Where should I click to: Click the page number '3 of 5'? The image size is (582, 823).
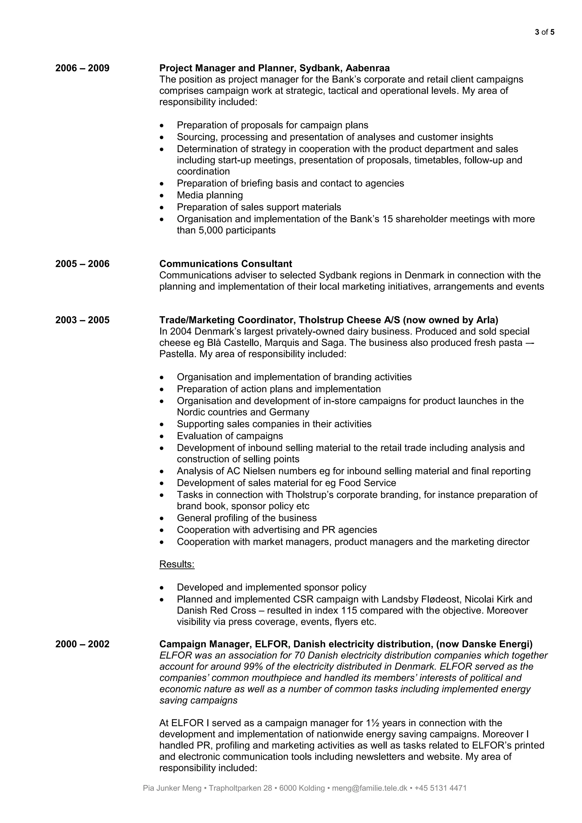click(x=544, y=32)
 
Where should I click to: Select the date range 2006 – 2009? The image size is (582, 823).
click(x=82, y=68)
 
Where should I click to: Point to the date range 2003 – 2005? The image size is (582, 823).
click(x=82, y=320)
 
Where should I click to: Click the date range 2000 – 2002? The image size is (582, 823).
click(x=82, y=644)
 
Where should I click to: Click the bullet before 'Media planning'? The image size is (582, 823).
click(x=162, y=196)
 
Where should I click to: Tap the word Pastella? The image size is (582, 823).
click(x=177, y=354)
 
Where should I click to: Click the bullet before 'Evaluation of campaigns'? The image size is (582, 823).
click(x=162, y=437)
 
